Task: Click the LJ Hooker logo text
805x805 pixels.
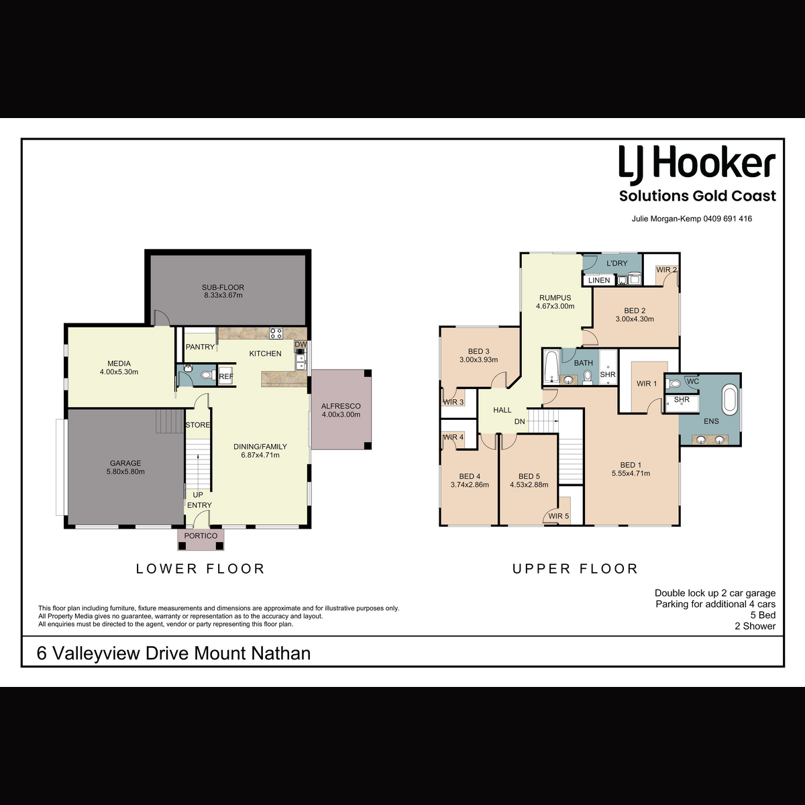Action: tap(697, 166)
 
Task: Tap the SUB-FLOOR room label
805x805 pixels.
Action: tap(223, 287)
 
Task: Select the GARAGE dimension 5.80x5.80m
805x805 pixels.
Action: tap(125, 472)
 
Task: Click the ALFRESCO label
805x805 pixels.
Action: tap(341, 406)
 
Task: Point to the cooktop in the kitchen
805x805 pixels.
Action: tap(276, 333)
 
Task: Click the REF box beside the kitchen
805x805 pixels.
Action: tap(226, 376)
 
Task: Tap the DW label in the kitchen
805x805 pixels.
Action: tap(301, 345)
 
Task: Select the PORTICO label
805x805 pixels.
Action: tap(201, 536)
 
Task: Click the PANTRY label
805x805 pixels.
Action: tap(200, 347)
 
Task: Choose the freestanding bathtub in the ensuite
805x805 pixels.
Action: tap(729, 400)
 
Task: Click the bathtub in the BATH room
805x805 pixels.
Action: tap(551, 367)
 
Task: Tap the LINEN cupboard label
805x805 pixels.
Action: tap(599, 280)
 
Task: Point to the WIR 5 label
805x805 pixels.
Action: tap(559, 516)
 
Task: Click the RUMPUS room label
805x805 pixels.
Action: tap(555, 298)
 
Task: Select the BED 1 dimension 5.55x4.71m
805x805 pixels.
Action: tap(631, 474)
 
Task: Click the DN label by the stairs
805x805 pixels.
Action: tap(520, 421)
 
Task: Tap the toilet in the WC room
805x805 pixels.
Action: tap(674, 383)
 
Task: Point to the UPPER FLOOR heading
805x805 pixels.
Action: tap(575, 569)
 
